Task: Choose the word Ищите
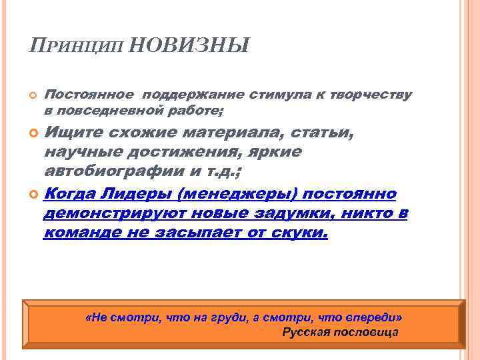click(68, 133)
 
